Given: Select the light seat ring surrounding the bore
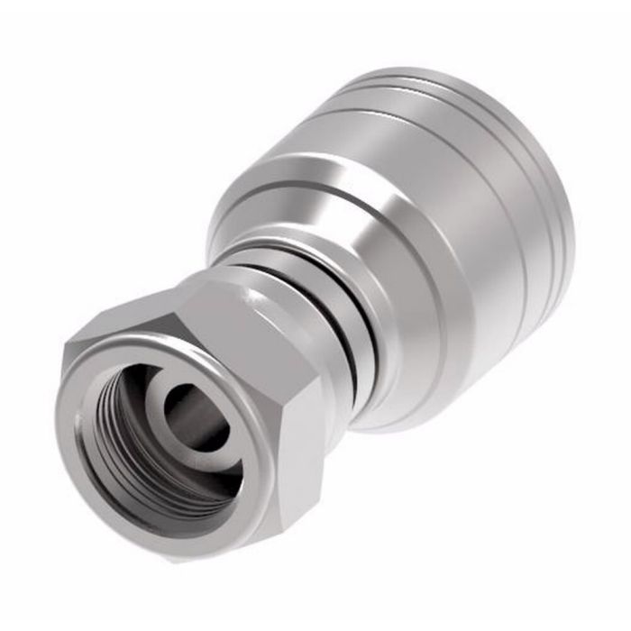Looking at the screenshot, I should tap(168, 397).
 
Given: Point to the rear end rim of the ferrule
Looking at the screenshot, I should tap(550, 234).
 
